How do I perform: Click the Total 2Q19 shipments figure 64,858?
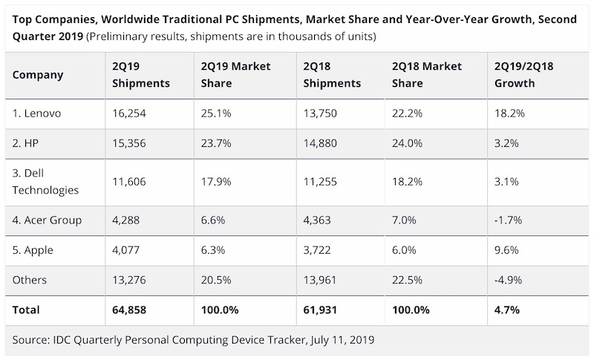pos(129,309)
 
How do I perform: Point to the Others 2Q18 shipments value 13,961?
pos(321,279)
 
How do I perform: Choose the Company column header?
pos(39,75)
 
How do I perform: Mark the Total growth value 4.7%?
pos(508,309)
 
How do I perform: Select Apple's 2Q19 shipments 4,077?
pos(126,249)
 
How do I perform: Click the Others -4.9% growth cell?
pos(509,279)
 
